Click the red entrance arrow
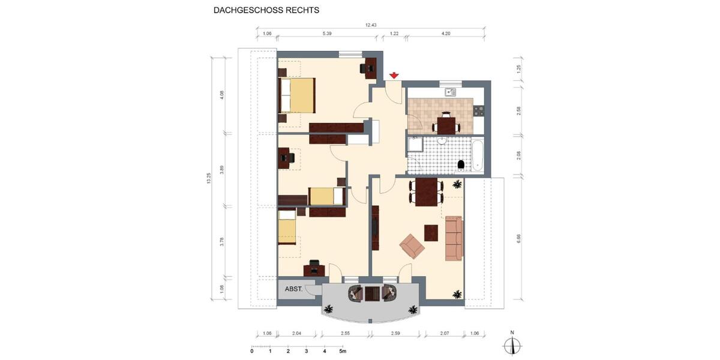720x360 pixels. coord(394,76)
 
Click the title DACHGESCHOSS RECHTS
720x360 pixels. coord(266,10)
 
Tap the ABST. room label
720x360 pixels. coord(293,289)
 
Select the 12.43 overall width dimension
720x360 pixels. coord(371,25)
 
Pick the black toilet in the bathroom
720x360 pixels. coord(461,164)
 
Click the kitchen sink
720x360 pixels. coord(451,92)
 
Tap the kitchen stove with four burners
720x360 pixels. coord(478,110)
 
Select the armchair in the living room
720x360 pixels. coord(412,245)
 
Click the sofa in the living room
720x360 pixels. coord(454,239)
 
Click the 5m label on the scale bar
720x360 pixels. coord(342,351)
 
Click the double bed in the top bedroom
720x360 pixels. coord(298,95)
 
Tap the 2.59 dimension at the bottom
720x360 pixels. coord(395,333)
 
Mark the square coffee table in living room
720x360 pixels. coord(431,232)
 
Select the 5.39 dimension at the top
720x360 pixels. coord(327,34)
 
